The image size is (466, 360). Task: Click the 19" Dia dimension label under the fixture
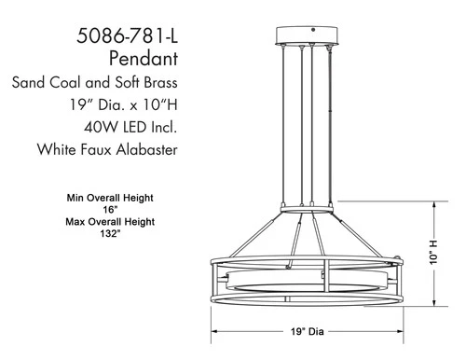307,329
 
